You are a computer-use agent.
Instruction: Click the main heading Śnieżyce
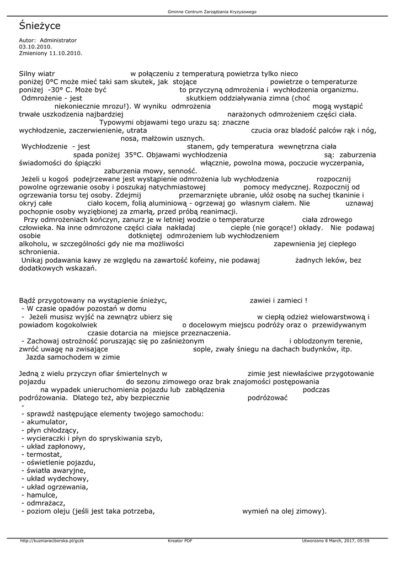tap(40, 26)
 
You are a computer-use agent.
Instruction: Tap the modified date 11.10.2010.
tap(66, 54)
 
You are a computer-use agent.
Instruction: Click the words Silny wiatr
tap(38, 73)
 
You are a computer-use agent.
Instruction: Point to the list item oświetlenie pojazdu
tap(58, 462)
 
